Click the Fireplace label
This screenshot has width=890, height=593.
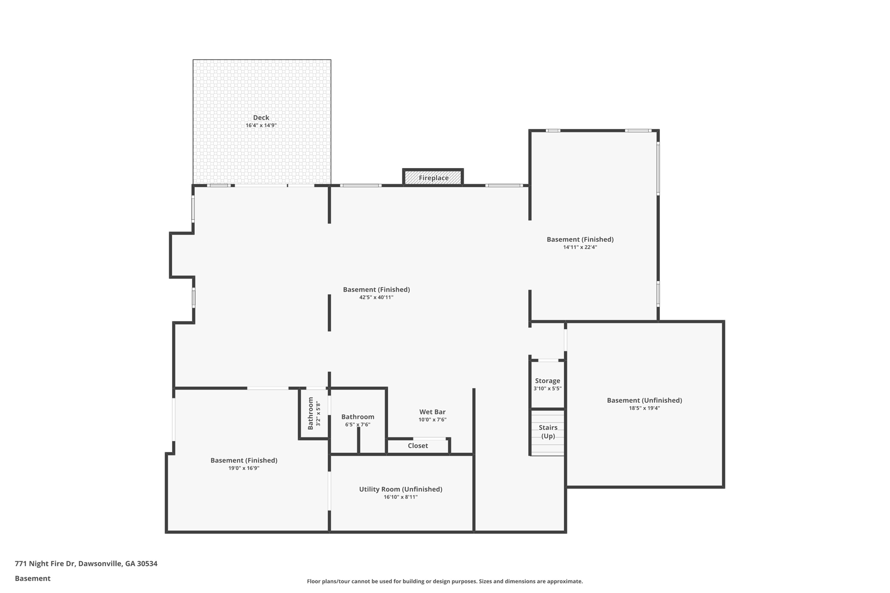click(x=433, y=178)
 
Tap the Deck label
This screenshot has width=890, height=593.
click(x=261, y=117)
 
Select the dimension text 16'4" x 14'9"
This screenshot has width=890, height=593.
click(x=261, y=126)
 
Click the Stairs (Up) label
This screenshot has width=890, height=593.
click(x=548, y=432)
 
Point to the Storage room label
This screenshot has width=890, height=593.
click(x=547, y=381)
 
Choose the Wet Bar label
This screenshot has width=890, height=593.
click(x=432, y=412)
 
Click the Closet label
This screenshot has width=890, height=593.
click(x=418, y=446)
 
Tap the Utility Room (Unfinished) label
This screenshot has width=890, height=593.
click(x=400, y=489)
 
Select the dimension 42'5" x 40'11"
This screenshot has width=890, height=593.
click(x=376, y=298)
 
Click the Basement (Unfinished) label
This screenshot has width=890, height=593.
click(x=644, y=400)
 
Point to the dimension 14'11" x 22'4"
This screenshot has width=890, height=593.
click(x=580, y=247)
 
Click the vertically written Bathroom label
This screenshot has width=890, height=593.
click(x=310, y=413)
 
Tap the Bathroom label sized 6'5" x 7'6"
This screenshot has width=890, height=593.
click(x=357, y=417)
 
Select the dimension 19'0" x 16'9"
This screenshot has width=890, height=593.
click(x=244, y=468)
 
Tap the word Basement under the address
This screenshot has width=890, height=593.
click(x=33, y=578)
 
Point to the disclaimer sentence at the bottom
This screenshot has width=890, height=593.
click(x=445, y=581)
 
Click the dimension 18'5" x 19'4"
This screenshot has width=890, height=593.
click(x=644, y=408)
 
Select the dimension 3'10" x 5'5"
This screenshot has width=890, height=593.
click(x=547, y=389)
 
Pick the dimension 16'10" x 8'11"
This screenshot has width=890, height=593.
click(x=400, y=497)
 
